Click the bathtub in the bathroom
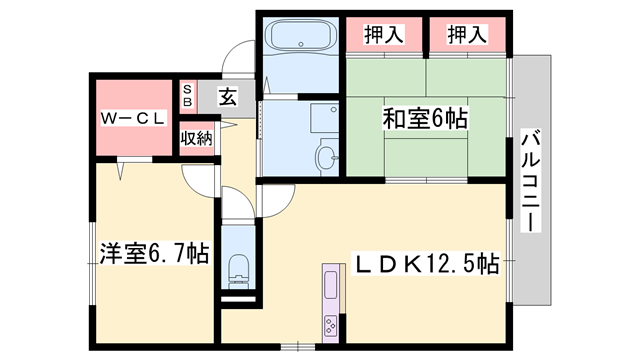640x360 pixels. pos(300,41)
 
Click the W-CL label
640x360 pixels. pos(130,119)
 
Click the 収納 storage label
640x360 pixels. pos(196,138)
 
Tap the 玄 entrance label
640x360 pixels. pos(227,98)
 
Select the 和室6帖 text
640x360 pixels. pos(425,118)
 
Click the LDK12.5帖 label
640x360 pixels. pos(428,264)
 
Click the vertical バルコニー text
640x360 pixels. pos(530,180)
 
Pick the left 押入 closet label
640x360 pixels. pos(384,35)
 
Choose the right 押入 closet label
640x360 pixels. pos(467,35)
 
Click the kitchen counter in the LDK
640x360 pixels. pos(331,300)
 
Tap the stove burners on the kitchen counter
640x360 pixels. pos(331,325)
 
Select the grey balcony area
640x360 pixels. pos(531,180)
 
